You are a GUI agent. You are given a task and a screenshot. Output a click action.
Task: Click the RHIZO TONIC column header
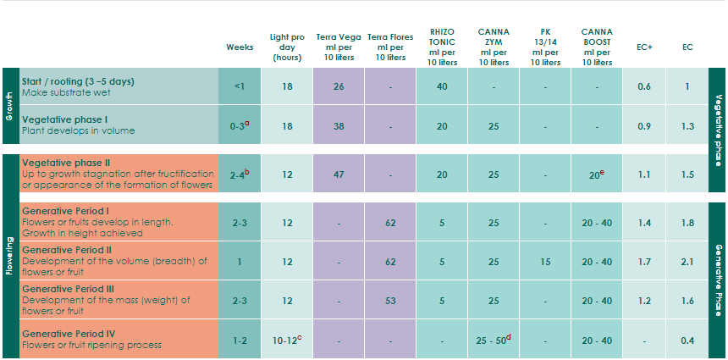click(x=442, y=47)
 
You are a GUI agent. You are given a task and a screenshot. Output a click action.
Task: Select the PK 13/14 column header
click(x=545, y=47)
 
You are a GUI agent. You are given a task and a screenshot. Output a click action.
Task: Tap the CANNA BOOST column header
click(x=597, y=47)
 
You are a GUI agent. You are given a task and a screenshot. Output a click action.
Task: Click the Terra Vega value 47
click(x=339, y=174)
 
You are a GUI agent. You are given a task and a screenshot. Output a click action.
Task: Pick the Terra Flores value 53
click(x=390, y=301)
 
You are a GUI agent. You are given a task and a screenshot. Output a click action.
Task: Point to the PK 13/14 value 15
click(x=545, y=262)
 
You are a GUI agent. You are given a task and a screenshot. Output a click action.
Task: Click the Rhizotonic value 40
click(x=442, y=86)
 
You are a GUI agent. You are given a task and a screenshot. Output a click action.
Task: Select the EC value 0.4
click(x=687, y=341)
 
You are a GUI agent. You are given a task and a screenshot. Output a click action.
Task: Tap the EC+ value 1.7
click(x=644, y=262)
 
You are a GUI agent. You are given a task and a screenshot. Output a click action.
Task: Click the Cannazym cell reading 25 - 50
click(x=494, y=340)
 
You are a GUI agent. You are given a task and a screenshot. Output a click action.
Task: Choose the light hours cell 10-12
click(x=288, y=340)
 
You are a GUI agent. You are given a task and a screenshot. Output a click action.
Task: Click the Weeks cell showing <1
click(x=240, y=86)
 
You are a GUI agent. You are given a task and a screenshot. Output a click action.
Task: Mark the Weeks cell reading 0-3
click(x=240, y=125)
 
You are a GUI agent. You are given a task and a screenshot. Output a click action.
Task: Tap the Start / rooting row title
click(x=78, y=81)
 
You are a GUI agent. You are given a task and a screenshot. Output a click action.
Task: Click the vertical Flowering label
click(x=10, y=257)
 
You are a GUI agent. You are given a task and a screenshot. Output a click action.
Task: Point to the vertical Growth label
click(x=10, y=107)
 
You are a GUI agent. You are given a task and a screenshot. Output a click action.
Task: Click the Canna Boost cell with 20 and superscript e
click(x=597, y=174)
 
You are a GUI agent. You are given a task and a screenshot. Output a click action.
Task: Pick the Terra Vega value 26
click(x=339, y=86)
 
